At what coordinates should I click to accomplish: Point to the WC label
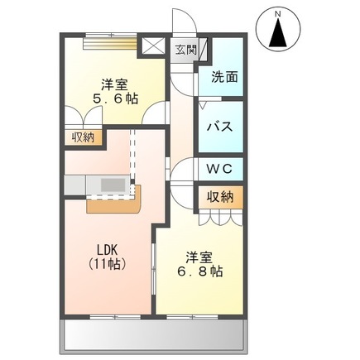click(219, 168)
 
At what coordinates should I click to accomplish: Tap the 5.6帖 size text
click(115, 98)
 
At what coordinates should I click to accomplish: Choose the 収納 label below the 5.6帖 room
click(82, 138)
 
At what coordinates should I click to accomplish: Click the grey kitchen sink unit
click(111, 184)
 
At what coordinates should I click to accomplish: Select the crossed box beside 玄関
click(152, 46)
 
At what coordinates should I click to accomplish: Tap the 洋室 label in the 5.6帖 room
click(115, 84)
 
